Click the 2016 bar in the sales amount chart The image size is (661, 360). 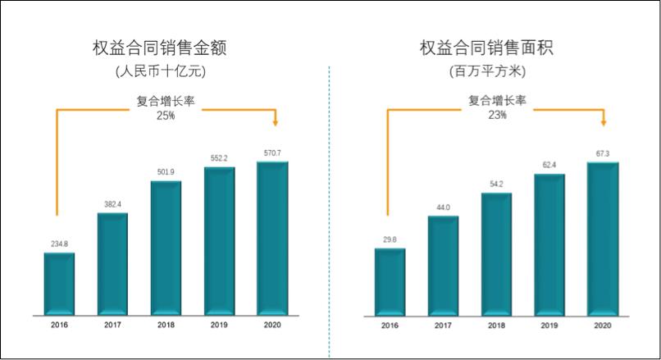[59, 283]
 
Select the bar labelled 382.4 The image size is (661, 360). [112, 263]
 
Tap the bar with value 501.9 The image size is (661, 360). [166, 247]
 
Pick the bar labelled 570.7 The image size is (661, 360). [272, 238]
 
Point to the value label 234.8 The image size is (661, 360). [59, 243]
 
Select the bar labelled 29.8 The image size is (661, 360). [390, 280]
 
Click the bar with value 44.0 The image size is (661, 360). [444, 265]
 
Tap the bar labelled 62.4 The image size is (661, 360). [550, 244]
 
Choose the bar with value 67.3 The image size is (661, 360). [603, 238]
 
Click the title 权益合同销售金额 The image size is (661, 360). [159, 48]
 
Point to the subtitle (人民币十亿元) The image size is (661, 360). [160, 71]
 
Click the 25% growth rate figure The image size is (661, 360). [166, 116]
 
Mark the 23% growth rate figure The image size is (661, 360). [497, 116]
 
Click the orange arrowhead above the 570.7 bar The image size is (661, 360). [276, 122]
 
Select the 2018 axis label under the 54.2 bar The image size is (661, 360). [497, 326]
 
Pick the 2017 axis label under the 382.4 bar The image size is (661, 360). [112, 326]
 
